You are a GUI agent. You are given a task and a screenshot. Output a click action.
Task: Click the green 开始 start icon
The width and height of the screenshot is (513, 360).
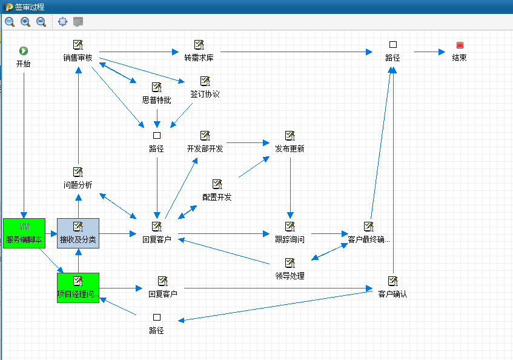coord(24,51)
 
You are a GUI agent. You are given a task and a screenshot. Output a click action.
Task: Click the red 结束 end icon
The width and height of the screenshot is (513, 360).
coord(460,45)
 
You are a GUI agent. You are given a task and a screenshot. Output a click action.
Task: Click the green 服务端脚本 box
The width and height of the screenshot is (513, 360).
coord(24,233)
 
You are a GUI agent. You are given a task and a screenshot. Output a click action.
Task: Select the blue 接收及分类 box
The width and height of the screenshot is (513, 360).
coord(78,233)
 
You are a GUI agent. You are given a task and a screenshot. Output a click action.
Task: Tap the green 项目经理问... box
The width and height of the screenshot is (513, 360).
coord(78,288)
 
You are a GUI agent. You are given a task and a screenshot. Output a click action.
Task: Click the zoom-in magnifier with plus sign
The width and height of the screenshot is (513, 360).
coord(25,22)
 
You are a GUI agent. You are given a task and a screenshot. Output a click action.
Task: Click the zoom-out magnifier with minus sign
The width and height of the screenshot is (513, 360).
coord(41,22)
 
